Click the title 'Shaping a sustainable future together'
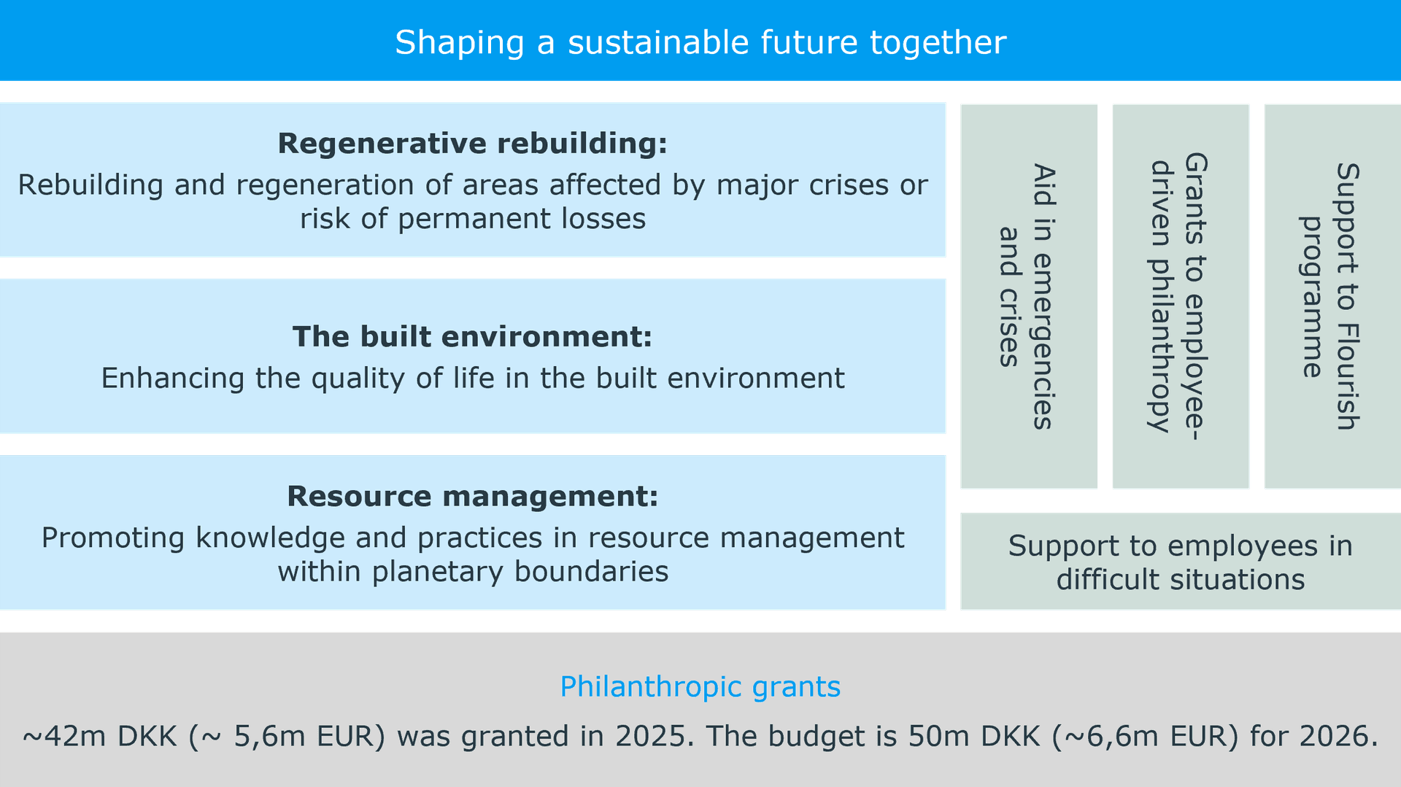(x=700, y=42)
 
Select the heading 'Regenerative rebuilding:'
(x=473, y=144)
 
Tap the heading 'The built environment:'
(x=473, y=337)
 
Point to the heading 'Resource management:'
(x=473, y=496)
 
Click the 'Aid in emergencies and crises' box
(x=1029, y=296)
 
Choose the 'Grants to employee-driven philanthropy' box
(x=1181, y=296)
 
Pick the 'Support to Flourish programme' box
(x=1332, y=296)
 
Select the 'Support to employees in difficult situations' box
(x=1181, y=562)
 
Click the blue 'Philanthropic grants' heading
(x=700, y=687)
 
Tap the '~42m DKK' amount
(x=100, y=736)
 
